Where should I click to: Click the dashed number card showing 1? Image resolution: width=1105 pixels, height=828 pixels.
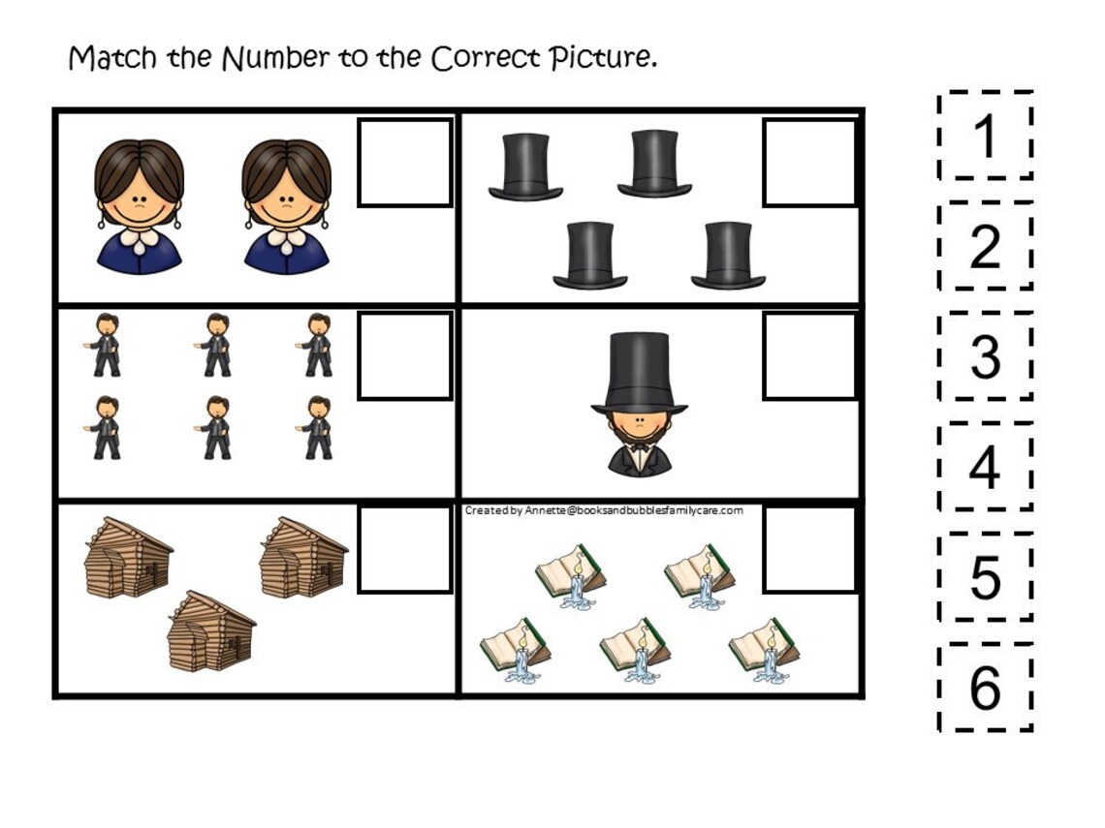click(x=985, y=137)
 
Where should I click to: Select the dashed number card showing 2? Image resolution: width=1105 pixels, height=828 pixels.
click(x=985, y=247)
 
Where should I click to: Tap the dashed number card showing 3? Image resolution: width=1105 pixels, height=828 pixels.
click(x=985, y=356)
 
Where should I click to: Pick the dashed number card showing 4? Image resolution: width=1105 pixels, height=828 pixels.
click(x=985, y=467)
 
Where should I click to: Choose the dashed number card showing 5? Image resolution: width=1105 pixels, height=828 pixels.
click(x=985, y=577)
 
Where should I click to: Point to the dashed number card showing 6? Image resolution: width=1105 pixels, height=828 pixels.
click(x=985, y=688)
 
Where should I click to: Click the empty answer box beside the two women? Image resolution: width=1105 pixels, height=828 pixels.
click(x=405, y=163)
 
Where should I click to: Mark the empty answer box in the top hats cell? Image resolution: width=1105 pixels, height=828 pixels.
click(x=810, y=163)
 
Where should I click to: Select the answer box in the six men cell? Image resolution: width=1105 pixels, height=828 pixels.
click(x=405, y=355)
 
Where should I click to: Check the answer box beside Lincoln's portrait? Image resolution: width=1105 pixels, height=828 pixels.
click(x=810, y=355)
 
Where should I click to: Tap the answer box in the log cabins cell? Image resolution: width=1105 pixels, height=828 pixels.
click(x=405, y=549)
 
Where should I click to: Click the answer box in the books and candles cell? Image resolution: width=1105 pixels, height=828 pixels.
click(x=810, y=549)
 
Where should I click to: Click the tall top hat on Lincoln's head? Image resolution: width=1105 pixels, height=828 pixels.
click(x=639, y=373)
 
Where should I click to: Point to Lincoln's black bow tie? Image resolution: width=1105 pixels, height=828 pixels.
click(x=639, y=447)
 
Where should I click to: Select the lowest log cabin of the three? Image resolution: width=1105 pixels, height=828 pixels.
click(x=210, y=631)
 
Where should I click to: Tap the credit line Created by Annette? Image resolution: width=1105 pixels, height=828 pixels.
click(x=604, y=510)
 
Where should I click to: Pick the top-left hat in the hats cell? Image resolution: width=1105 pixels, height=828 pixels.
click(x=526, y=167)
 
